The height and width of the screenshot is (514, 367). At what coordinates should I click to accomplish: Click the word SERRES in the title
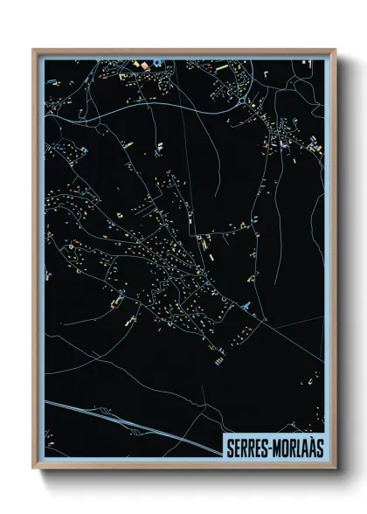click(248, 448)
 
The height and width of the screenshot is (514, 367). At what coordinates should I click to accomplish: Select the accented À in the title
click(312, 448)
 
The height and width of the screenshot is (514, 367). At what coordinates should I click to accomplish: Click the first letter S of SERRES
click(229, 448)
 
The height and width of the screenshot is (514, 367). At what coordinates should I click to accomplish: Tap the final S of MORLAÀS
click(320, 448)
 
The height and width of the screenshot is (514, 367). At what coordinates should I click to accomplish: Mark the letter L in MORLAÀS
click(302, 448)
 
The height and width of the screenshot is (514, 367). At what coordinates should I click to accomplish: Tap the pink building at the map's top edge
click(137, 63)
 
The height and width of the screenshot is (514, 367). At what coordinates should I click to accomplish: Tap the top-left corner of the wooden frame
click(34, 50)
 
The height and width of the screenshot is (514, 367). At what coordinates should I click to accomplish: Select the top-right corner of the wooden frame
click(335, 50)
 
